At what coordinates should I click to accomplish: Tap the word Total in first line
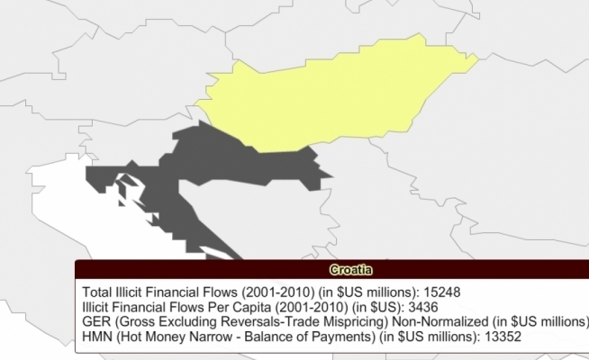pyautogui.click(x=96, y=292)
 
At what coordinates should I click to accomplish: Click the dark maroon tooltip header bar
pyautogui.click(x=180, y=270)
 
